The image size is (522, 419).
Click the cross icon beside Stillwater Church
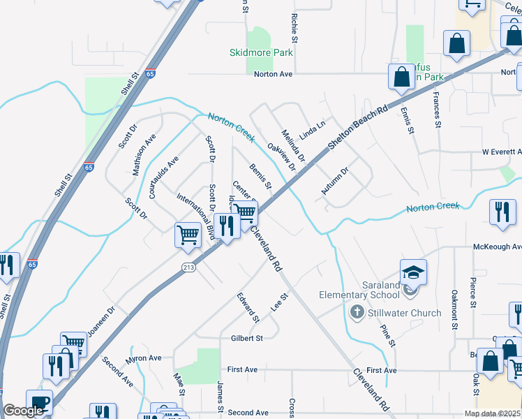(x=357, y=311)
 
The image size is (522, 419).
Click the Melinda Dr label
(x=293, y=145)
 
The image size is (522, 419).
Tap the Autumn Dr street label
(x=334, y=182)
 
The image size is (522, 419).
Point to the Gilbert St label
(x=246, y=338)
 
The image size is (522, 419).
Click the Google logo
(x=23, y=411)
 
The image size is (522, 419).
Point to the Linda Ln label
(x=312, y=128)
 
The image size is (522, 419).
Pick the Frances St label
(x=436, y=110)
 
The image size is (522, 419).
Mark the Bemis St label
(x=260, y=177)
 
